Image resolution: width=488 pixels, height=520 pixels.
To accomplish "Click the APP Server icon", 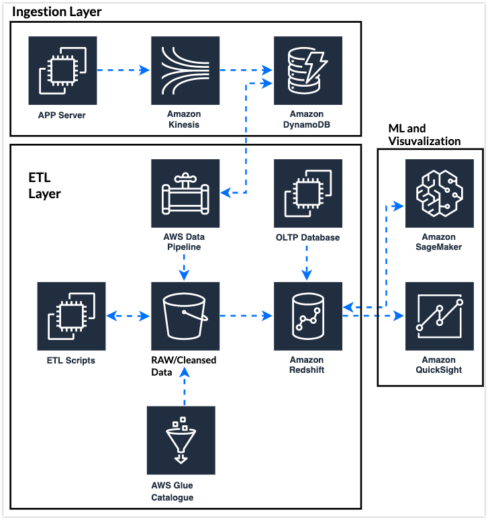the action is (x=62, y=71).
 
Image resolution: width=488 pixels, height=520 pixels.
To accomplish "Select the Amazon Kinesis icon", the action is (x=185, y=71).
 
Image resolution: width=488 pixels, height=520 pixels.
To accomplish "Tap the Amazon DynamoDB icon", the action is (x=308, y=71).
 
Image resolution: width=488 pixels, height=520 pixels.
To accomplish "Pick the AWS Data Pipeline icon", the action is (x=185, y=193).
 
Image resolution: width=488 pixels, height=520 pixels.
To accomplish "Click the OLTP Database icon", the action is (x=308, y=193).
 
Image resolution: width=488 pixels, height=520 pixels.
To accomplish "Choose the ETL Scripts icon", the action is (x=72, y=316).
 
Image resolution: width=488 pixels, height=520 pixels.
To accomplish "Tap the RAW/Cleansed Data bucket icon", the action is (x=185, y=316).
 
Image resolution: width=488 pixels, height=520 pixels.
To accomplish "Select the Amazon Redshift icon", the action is (x=308, y=316).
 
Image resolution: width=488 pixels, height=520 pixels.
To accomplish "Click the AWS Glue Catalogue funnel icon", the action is (x=181, y=441).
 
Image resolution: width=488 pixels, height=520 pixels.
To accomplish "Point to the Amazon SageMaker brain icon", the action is (x=440, y=193).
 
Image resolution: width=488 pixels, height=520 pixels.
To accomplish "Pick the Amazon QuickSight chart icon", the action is (x=440, y=316).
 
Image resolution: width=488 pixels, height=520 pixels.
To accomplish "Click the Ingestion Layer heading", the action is (x=56, y=12).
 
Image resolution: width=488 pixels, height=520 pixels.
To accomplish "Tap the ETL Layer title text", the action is (x=44, y=185).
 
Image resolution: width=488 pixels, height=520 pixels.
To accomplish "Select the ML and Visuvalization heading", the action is (x=424, y=134).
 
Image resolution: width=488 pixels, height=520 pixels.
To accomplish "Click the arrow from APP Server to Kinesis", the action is (x=124, y=71).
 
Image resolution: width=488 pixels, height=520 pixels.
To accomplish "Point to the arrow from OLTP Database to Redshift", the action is (x=307, y=263).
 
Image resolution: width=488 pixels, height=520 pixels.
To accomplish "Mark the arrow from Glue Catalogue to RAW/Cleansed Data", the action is (x=185, y=387).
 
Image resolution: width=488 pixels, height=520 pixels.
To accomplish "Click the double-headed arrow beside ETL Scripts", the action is (x=128, y=316).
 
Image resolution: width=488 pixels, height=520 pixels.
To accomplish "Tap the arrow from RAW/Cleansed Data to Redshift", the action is (x=246, y=316).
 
